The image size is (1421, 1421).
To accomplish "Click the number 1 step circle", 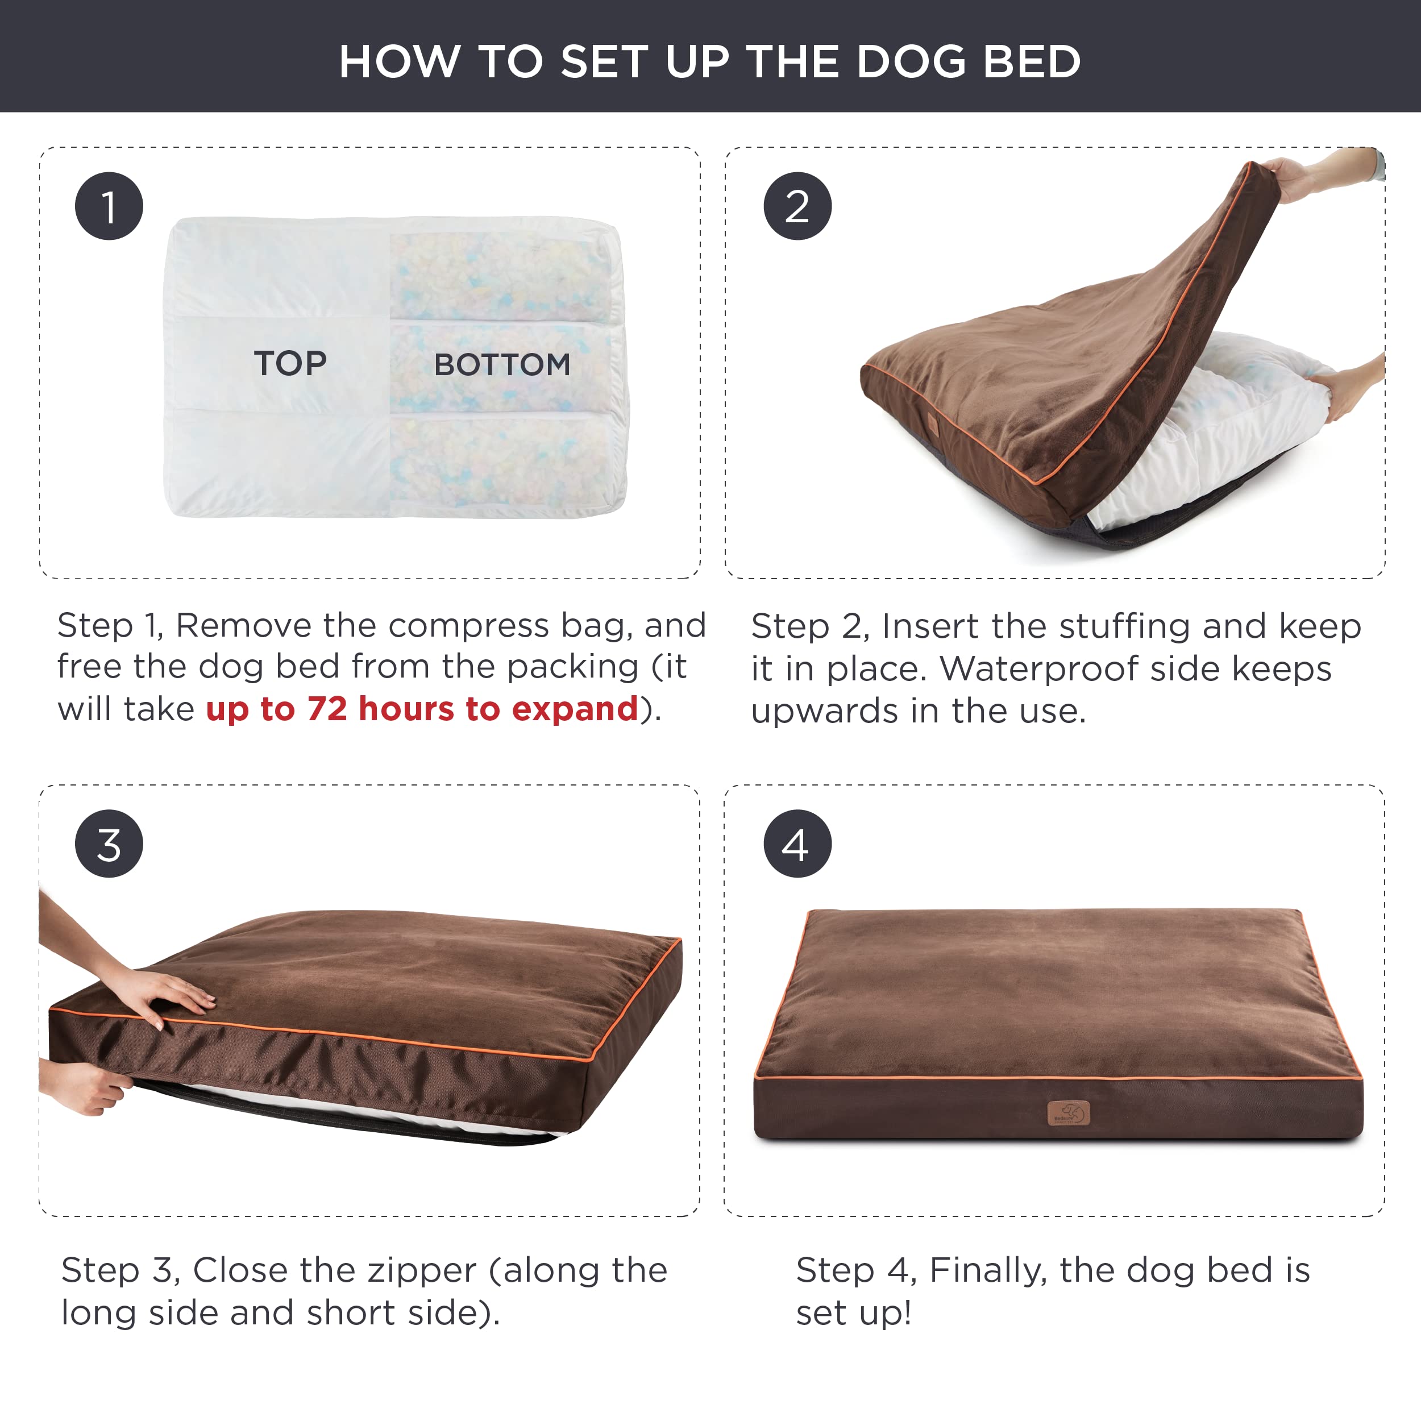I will [x=109, y=206].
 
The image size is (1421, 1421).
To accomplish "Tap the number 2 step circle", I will [x=797, y=206].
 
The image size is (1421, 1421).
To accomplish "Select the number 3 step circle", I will [x=109, y=844].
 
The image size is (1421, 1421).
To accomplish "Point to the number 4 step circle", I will [x=797, y=844].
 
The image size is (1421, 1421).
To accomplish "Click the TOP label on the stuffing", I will [x=290, y=363].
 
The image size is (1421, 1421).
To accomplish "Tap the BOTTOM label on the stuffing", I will [x=502, y=365].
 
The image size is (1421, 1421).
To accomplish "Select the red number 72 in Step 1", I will [x=327, y=708].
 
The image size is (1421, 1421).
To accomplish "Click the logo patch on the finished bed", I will [x=1068, y=1113].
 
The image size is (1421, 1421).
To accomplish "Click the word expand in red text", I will [x=575, y=708].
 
